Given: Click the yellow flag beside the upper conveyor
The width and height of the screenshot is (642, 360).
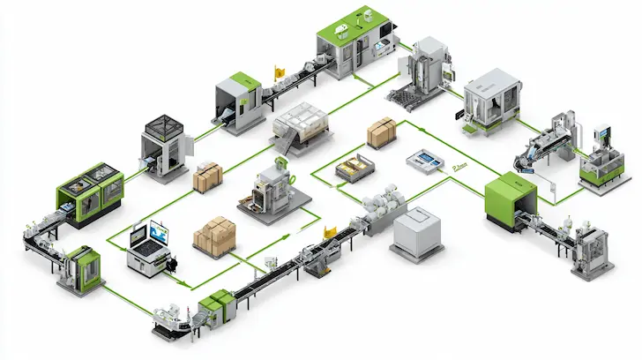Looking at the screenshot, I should tap(281, 68).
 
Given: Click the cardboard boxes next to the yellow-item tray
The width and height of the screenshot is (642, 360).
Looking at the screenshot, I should tap(382, 132).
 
